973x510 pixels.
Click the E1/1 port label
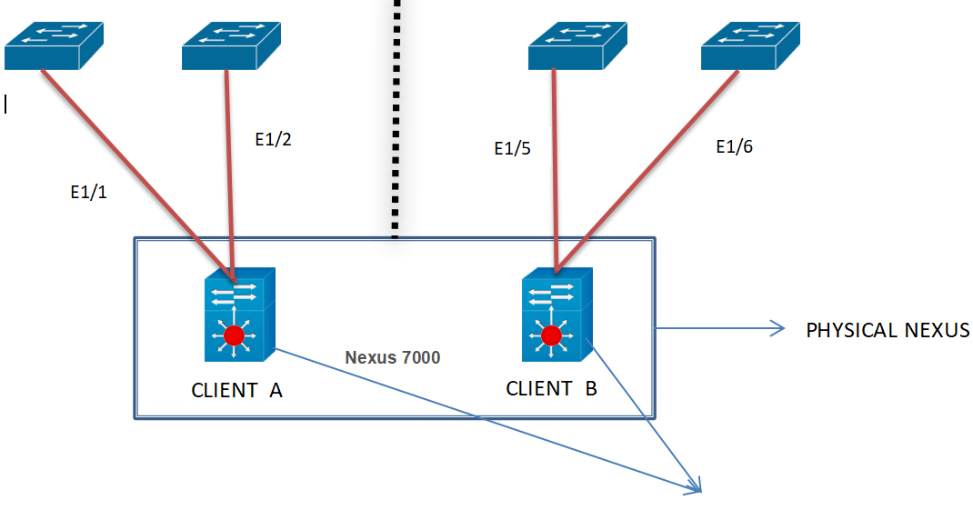(x=88, y=193)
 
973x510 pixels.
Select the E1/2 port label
(x=274, y=140)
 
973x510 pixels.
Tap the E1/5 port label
(x=512, y=149)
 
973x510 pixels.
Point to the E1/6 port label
(x=734, y=146)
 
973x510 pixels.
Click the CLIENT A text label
(x=236, y=390)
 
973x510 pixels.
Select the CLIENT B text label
(x=551, y=389)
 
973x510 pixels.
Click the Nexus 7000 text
(x=392, y=357)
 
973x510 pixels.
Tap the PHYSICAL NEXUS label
(x=888, y=330)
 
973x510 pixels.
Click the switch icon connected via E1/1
(x=54, y=45)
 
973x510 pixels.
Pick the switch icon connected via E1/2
(x=231, y=45)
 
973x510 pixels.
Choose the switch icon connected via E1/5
(x=577, y=45)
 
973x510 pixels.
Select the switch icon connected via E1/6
(x=751, y=45)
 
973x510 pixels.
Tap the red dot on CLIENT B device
(x=551, y=336)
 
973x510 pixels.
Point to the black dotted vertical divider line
(x=396, y=118)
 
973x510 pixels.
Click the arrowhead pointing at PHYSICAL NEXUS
(x=778, y=328)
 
